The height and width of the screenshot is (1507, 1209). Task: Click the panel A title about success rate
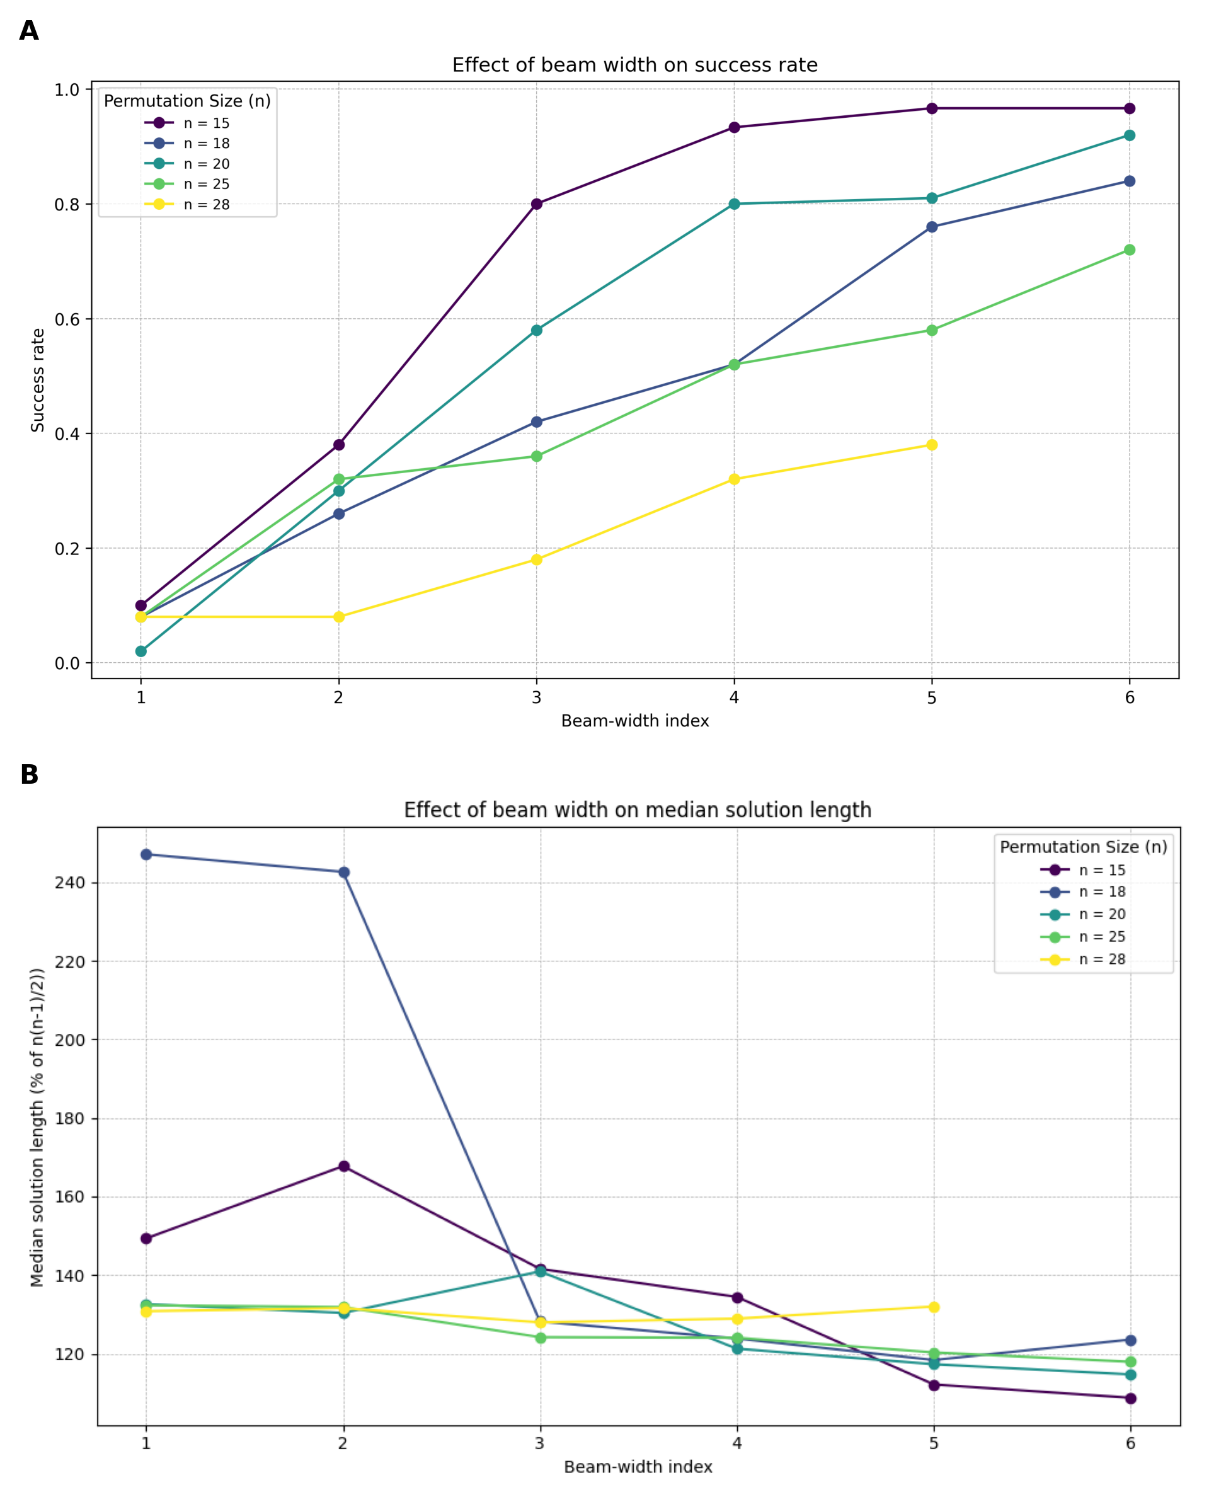[x=634, y=65]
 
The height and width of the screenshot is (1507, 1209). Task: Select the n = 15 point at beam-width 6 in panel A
[x=1130, y=108]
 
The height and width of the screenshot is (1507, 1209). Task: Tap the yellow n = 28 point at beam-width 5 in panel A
[x=932, y=445]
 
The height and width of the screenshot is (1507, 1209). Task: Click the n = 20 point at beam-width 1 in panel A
[x=141, y=651]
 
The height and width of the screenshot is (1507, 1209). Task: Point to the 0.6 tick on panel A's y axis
[x=67, y=319]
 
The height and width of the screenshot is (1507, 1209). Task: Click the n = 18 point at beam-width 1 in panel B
[x=146, y=854]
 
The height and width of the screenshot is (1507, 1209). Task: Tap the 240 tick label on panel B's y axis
[x=69, y=883]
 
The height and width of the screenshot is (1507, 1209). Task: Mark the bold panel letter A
[x=28, y=31]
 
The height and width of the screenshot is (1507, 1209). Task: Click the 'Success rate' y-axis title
[x=38, y=381]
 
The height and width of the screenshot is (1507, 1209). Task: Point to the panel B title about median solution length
[x=638, y=810]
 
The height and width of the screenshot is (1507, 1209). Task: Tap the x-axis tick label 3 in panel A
[x=536, y=697]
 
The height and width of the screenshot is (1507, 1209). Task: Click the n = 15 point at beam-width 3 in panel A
[x=537, y=204]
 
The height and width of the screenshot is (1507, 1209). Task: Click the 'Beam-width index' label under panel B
[x=638, y=1467]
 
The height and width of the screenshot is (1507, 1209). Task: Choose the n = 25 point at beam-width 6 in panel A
[x=1130, y=250]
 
